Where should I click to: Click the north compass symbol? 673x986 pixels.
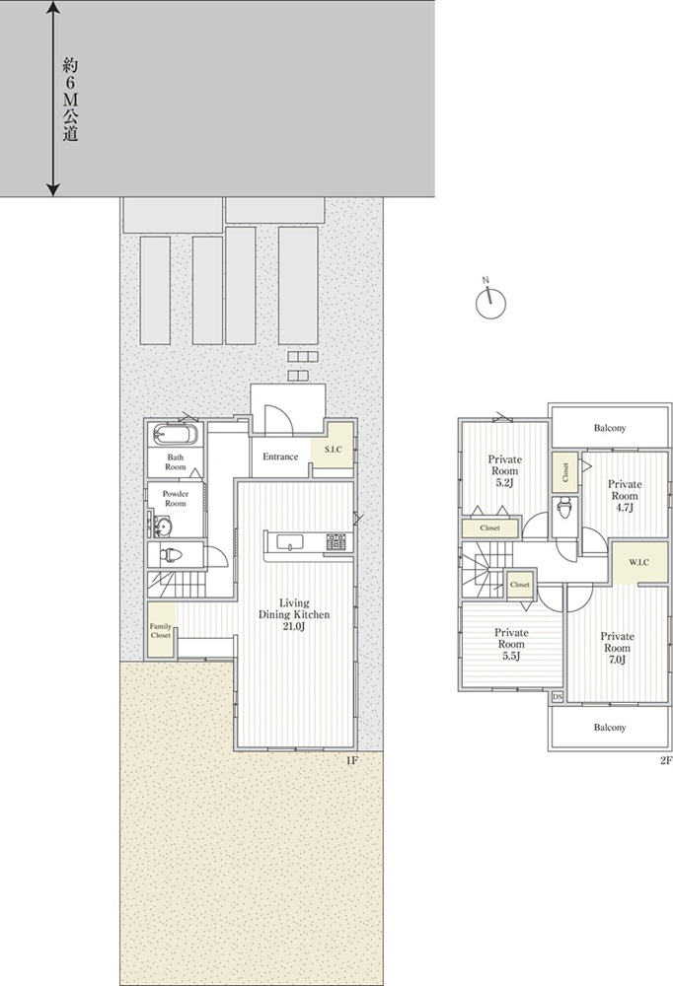click(490, 301)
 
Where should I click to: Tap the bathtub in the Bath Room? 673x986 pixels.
click(175, 435)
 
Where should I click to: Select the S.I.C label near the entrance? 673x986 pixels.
click(333, 449)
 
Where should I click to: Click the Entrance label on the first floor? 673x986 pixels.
click(280, 457)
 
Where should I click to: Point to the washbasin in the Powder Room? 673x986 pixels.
click(163, 526)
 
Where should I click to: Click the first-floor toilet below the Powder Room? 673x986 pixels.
click(170, 554)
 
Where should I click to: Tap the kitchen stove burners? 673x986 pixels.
click(336, 541)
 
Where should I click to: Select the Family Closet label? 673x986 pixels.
click(161, 631)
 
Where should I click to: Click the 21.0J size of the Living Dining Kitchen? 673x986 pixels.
click(293, 626)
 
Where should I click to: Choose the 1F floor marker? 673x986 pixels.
click(351, 760)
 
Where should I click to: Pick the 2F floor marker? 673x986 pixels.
click(666, 760)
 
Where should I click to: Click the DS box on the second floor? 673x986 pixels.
click(557, 697)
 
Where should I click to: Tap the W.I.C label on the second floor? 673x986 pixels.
click(639, 562)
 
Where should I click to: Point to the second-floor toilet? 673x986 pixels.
click(564, 506)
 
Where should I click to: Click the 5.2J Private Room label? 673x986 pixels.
click(504, 471)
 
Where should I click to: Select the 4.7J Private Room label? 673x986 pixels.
click(625, 496)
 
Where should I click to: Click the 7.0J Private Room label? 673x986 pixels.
click(617, 648)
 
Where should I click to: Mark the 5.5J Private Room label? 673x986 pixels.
click(511, 645)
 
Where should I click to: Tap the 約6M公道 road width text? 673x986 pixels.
click(70, 100)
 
